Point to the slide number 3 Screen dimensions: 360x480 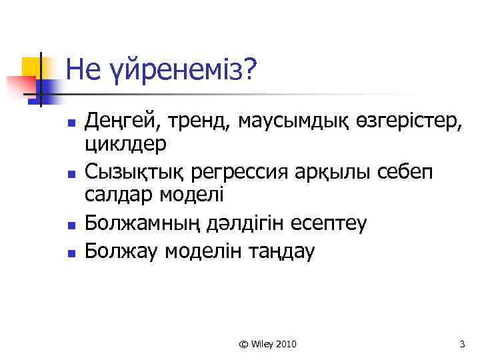462,344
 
